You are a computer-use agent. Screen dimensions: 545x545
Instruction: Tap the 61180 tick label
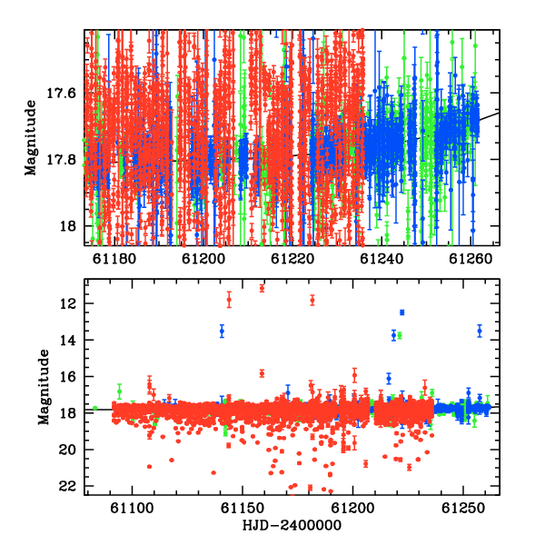pyautogui.click(x=114, y=259)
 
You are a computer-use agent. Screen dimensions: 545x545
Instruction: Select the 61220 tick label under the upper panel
pyautogui.click(x=292, y=259)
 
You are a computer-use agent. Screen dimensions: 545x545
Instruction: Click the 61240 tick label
pyautogui.click(x=381, y=259)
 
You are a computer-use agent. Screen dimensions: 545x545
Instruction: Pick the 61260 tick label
pyautogui.click(x=471, y=259)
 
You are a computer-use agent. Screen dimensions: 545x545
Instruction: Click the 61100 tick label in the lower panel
pyautogui.click(x=132, y=508)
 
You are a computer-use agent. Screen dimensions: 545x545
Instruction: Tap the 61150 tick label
pyautogui.click(x=243, y=508)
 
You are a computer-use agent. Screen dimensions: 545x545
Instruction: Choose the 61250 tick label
pyautogui.click(x=463, y=508)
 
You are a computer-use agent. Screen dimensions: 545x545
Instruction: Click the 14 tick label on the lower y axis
pyautogui.click(x=67, y=341)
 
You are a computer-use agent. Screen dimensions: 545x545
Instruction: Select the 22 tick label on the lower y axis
pyautogui.click(x=67, y=486)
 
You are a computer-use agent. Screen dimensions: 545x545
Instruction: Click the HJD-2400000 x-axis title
pyautogui.click(x=292, y=525)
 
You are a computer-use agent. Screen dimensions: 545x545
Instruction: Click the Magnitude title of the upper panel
pyautogui.click(x=31, y=138)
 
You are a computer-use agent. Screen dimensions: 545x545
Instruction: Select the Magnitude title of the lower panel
pyautogui.click(x=44, y=387)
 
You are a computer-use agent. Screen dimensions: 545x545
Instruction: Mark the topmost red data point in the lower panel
pyautogui.click(x=262, y=288)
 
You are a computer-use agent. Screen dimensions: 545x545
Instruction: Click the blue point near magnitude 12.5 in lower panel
pyautogui.click(x=402, y=312)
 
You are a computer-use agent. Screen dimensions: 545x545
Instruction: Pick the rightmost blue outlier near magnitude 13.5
pyautogui.click(x=480, y=331)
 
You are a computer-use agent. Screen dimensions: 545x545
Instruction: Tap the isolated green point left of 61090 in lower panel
pyautogui.click(x=94, y=408)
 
